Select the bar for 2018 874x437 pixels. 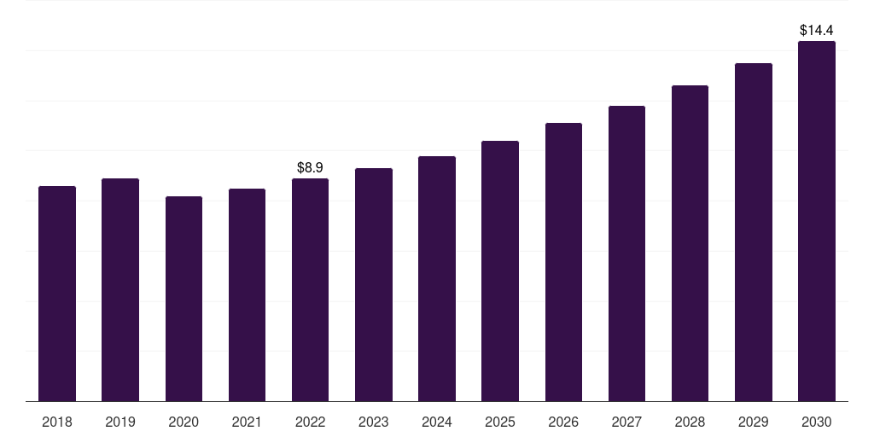click(57, 294)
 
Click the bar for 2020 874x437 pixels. click(184, 299)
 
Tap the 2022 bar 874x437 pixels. click(310, 290)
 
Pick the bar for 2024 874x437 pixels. click(437, 279)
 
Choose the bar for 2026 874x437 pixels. click(563, 262)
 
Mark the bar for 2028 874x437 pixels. click(690, 243)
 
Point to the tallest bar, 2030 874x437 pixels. click(817, 221)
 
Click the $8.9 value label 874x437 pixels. click(310, 168)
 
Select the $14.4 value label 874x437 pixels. click(817, 30)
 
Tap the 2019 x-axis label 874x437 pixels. click(120, 422)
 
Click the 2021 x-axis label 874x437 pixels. click(247, 422)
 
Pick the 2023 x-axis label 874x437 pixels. click(374, 422)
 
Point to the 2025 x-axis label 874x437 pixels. click(500, 422)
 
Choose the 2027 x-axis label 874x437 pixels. click(626, 422)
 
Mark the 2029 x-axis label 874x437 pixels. click(753, 422)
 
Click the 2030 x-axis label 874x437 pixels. click(817, 422)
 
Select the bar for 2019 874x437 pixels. click(120, 290)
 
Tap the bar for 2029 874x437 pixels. click(754, 232)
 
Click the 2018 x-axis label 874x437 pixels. click(57, 422)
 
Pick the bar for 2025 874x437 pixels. click(500, 271)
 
